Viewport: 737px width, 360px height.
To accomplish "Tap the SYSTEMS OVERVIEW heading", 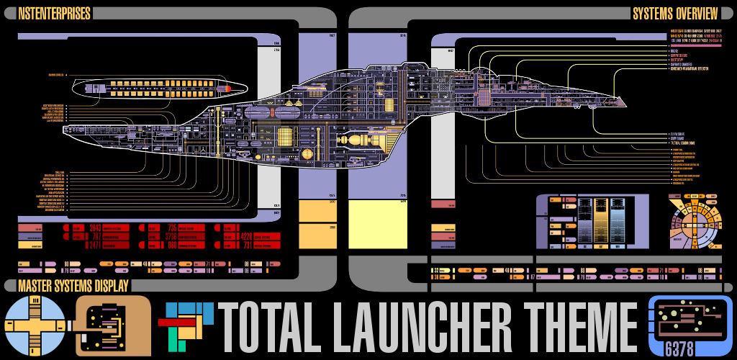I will pos(674,14).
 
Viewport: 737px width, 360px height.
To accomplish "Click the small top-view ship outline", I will pos(158,89).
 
